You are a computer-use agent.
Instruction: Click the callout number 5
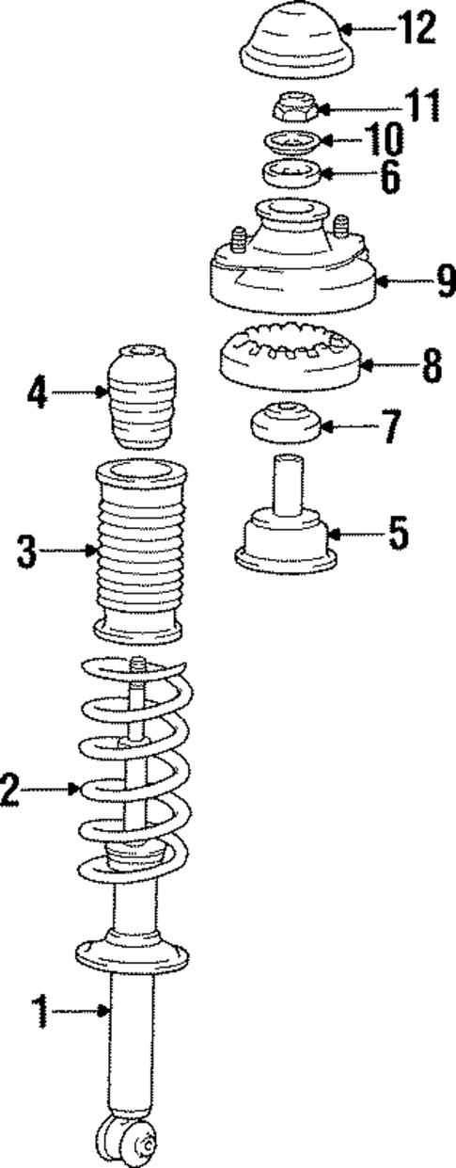pyautogui.click(x=398, y=535)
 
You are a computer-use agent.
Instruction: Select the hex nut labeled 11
pyautogui.click(x=294, y=110)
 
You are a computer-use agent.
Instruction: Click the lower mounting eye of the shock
pyautogui.click(x=127, y=1142)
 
